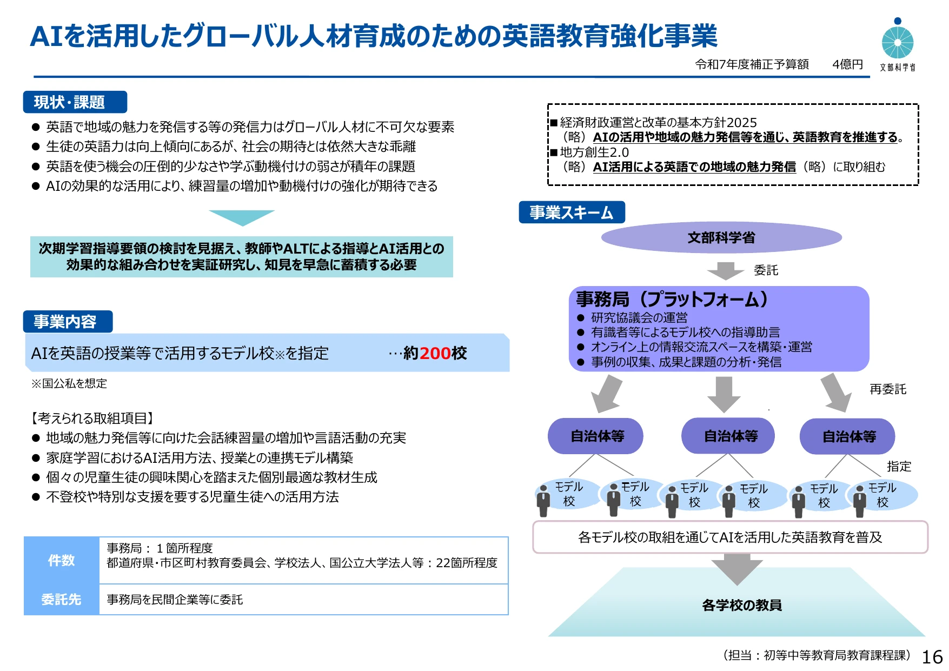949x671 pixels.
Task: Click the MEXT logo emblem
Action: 898,39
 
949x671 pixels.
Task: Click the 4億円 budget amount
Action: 847,64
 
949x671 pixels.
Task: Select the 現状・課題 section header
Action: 75,102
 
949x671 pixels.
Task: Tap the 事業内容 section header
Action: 68,321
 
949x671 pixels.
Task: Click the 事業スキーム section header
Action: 572,212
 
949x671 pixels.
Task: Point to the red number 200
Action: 435,353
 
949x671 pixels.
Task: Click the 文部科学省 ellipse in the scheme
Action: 721,237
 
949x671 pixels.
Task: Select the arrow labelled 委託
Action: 725,271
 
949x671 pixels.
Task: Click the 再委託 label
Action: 888,389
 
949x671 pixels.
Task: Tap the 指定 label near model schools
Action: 899,466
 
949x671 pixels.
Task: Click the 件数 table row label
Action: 61,561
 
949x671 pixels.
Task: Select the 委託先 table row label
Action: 61,600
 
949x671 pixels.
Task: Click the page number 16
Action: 932,657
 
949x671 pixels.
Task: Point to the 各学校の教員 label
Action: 742,605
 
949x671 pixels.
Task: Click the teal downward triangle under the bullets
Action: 242,217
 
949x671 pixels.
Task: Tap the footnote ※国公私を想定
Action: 69,383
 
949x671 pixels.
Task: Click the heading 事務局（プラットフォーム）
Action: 672,299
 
